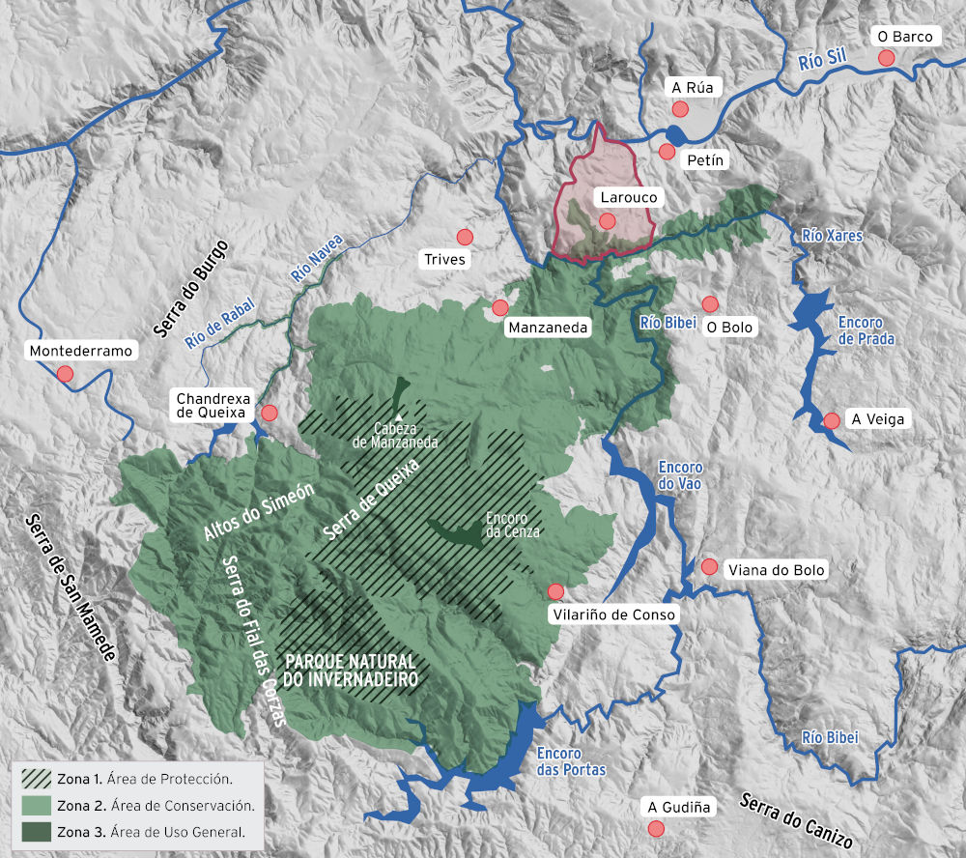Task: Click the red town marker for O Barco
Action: click(886, 58)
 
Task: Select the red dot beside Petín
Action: click(667, 151)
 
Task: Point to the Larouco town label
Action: click(628, 197)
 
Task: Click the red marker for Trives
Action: click(465, 237)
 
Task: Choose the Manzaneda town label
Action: click(548, 328)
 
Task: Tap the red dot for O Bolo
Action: click(710, 303)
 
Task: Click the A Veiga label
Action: click(875, 419)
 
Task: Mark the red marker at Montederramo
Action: click(65, 373)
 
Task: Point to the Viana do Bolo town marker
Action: click(709, 566)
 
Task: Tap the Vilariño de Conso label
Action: click(613, 615)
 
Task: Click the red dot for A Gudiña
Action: click(656, 828)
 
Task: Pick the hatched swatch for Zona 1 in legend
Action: click(35, 777)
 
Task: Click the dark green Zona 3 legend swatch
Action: click(35, 831)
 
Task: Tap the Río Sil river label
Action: click(822, 63)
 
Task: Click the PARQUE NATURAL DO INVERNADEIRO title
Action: click(351, 671)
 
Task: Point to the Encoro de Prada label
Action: click(867, 330)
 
